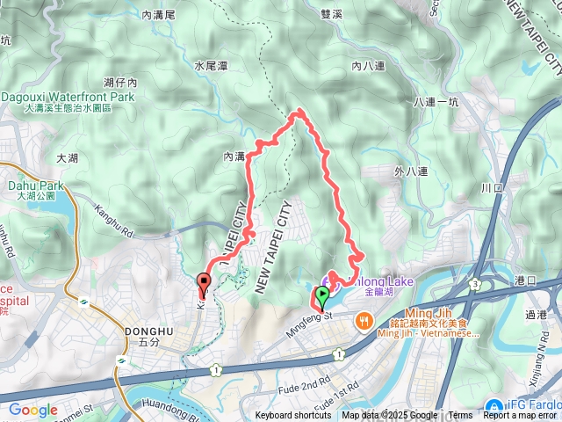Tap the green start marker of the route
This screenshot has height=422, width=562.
pos(322,296)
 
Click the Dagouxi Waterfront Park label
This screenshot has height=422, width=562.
pos(68,97)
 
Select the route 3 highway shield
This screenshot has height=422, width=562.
pos(475,284)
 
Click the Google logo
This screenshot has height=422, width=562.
pos(32,410)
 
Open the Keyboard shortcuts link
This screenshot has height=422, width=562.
pos(293,416)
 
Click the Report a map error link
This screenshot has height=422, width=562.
pos(520,416)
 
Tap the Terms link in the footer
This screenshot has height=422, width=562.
pos(460,416)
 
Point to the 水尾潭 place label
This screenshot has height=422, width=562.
pos(211,65)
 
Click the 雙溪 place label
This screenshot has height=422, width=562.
pos(330,14)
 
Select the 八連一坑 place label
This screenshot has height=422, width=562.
pos(436,103)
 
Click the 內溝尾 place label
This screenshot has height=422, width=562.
pos(158,14)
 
